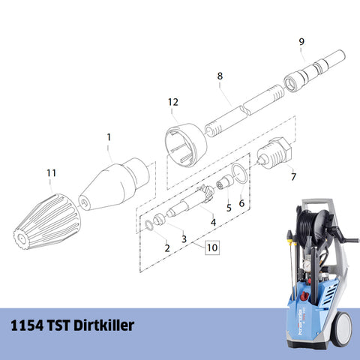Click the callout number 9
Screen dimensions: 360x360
[301, 42]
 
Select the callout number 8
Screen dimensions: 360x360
[220, 76]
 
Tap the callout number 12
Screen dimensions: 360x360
[173, 102]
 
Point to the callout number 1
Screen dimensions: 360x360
[109, 137]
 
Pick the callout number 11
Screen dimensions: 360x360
[51, 173]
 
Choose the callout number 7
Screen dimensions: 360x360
[293, 177]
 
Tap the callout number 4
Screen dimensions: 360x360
[214, 222]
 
